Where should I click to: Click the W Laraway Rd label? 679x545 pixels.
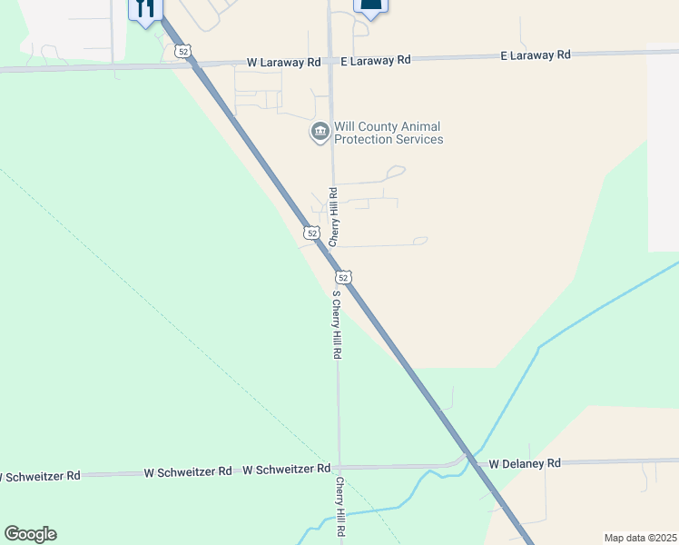(x=284, y=63)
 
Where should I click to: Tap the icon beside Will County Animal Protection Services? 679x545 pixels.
(x=320, y=133)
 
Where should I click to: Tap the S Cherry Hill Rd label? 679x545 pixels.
(x=336, y=324)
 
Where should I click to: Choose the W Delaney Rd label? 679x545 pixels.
(x=525, y=463)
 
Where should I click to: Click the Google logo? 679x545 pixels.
(x=30, y=534)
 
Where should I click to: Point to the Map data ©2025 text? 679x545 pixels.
(x=640, y=538)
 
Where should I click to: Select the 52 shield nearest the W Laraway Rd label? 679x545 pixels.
(x=183, y=52)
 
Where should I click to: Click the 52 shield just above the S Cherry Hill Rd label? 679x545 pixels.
(x=341, y=276)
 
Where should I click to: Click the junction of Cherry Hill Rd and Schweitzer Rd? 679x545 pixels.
(x=339, y=467)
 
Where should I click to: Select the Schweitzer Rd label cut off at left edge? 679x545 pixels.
(x=40, y=476)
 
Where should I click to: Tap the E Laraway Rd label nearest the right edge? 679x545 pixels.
(x=536, y=54)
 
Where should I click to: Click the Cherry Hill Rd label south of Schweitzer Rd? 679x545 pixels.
(x=340, y=507)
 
